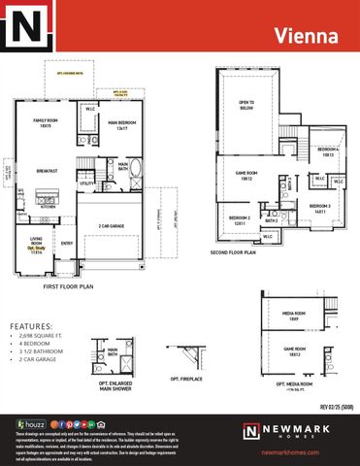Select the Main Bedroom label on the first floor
coord(121,125)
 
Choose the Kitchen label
coord(48,206)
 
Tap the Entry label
coord(67,244)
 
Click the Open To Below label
coord(246,104)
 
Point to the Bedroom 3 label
coord(321,207)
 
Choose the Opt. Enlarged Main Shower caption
coord(115,384)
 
